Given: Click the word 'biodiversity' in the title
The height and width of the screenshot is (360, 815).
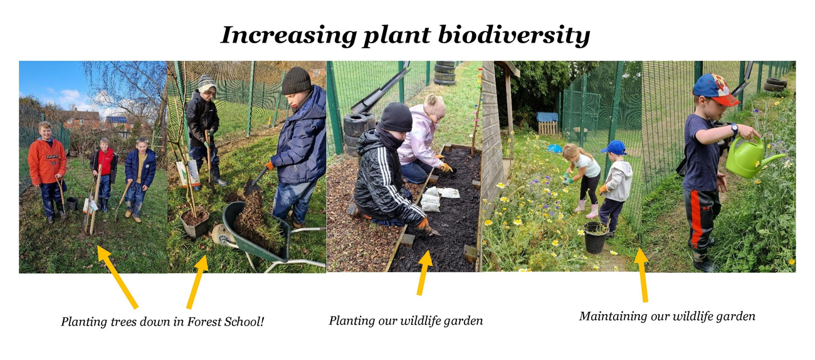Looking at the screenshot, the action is click(513, 36).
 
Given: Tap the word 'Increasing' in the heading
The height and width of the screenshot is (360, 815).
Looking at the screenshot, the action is click(289, 36).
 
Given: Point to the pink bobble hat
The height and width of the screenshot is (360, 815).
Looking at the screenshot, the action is click(434, 105).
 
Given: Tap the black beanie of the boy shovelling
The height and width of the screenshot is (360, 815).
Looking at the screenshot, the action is click(297, 81).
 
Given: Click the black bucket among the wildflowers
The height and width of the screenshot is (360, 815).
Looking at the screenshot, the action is click(595, 237).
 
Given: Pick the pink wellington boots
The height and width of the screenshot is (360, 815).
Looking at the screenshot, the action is click(587, 209).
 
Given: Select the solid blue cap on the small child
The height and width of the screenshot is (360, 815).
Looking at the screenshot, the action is click(614, 147).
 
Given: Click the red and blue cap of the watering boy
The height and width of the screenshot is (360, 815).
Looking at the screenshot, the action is click(715, 89).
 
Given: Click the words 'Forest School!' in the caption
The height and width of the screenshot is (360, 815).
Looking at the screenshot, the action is click(225, 322).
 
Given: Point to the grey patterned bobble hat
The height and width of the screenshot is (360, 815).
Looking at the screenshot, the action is click(207, 83).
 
